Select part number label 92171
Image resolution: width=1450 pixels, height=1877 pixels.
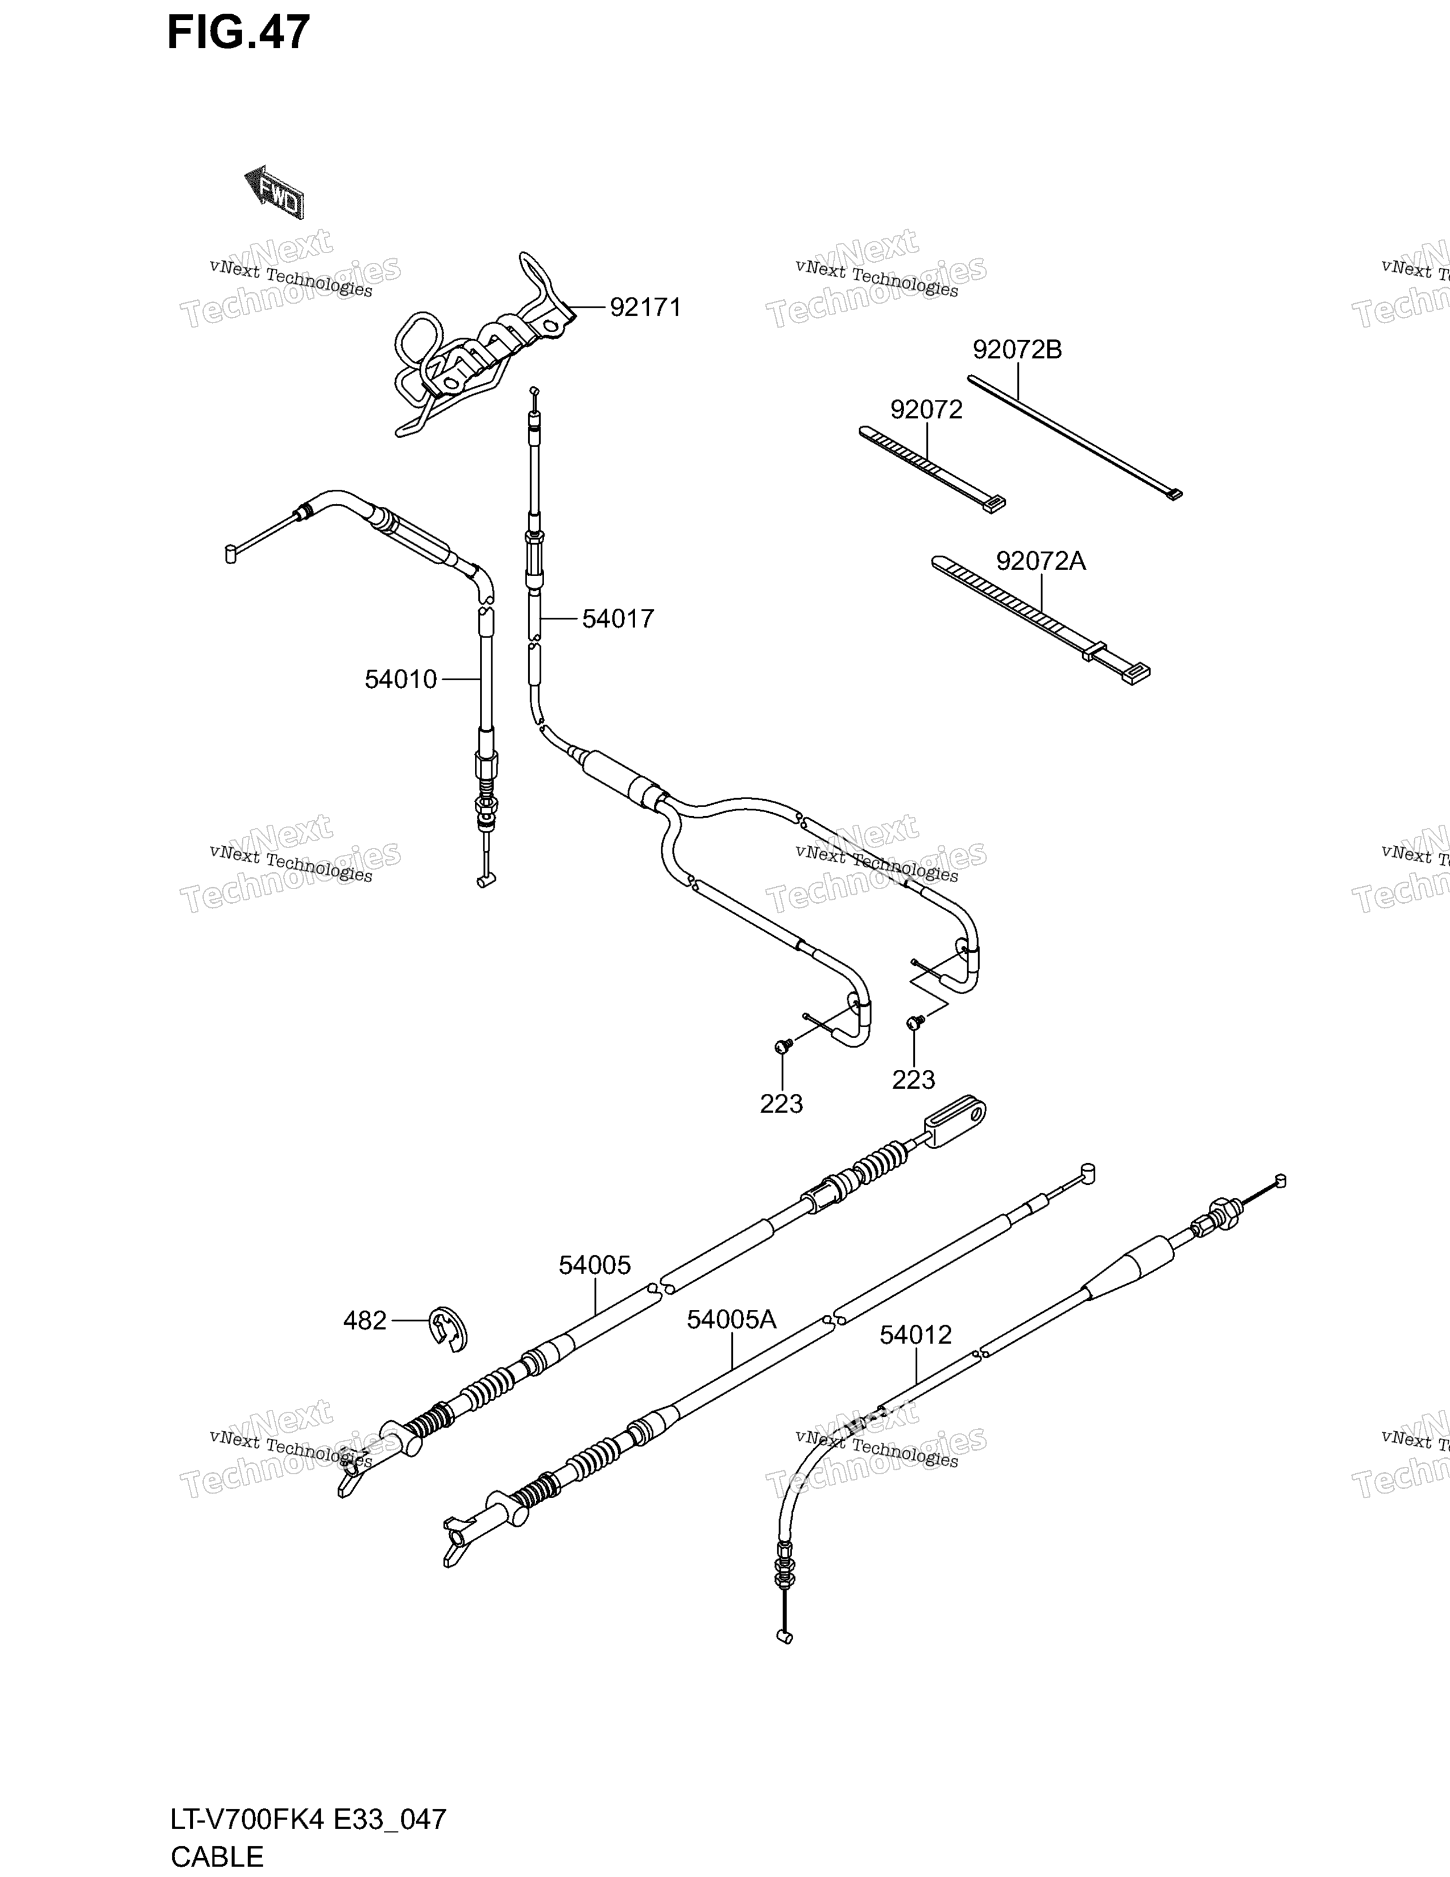coord(645,308)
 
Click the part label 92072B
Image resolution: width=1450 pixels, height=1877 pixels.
coord(1017,350)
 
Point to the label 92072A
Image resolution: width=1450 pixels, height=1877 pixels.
coord(1041,561)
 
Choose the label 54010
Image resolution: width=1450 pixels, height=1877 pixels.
coord(401,680)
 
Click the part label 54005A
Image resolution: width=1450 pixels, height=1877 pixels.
coord(731,1319)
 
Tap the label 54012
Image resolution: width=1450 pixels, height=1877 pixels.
coord(915,1335)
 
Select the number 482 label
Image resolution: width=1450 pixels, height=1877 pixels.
coord(365,1320)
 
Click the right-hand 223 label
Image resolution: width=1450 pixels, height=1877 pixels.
coord(913,1080)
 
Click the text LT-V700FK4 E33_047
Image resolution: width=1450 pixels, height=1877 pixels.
coord(308,1820)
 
